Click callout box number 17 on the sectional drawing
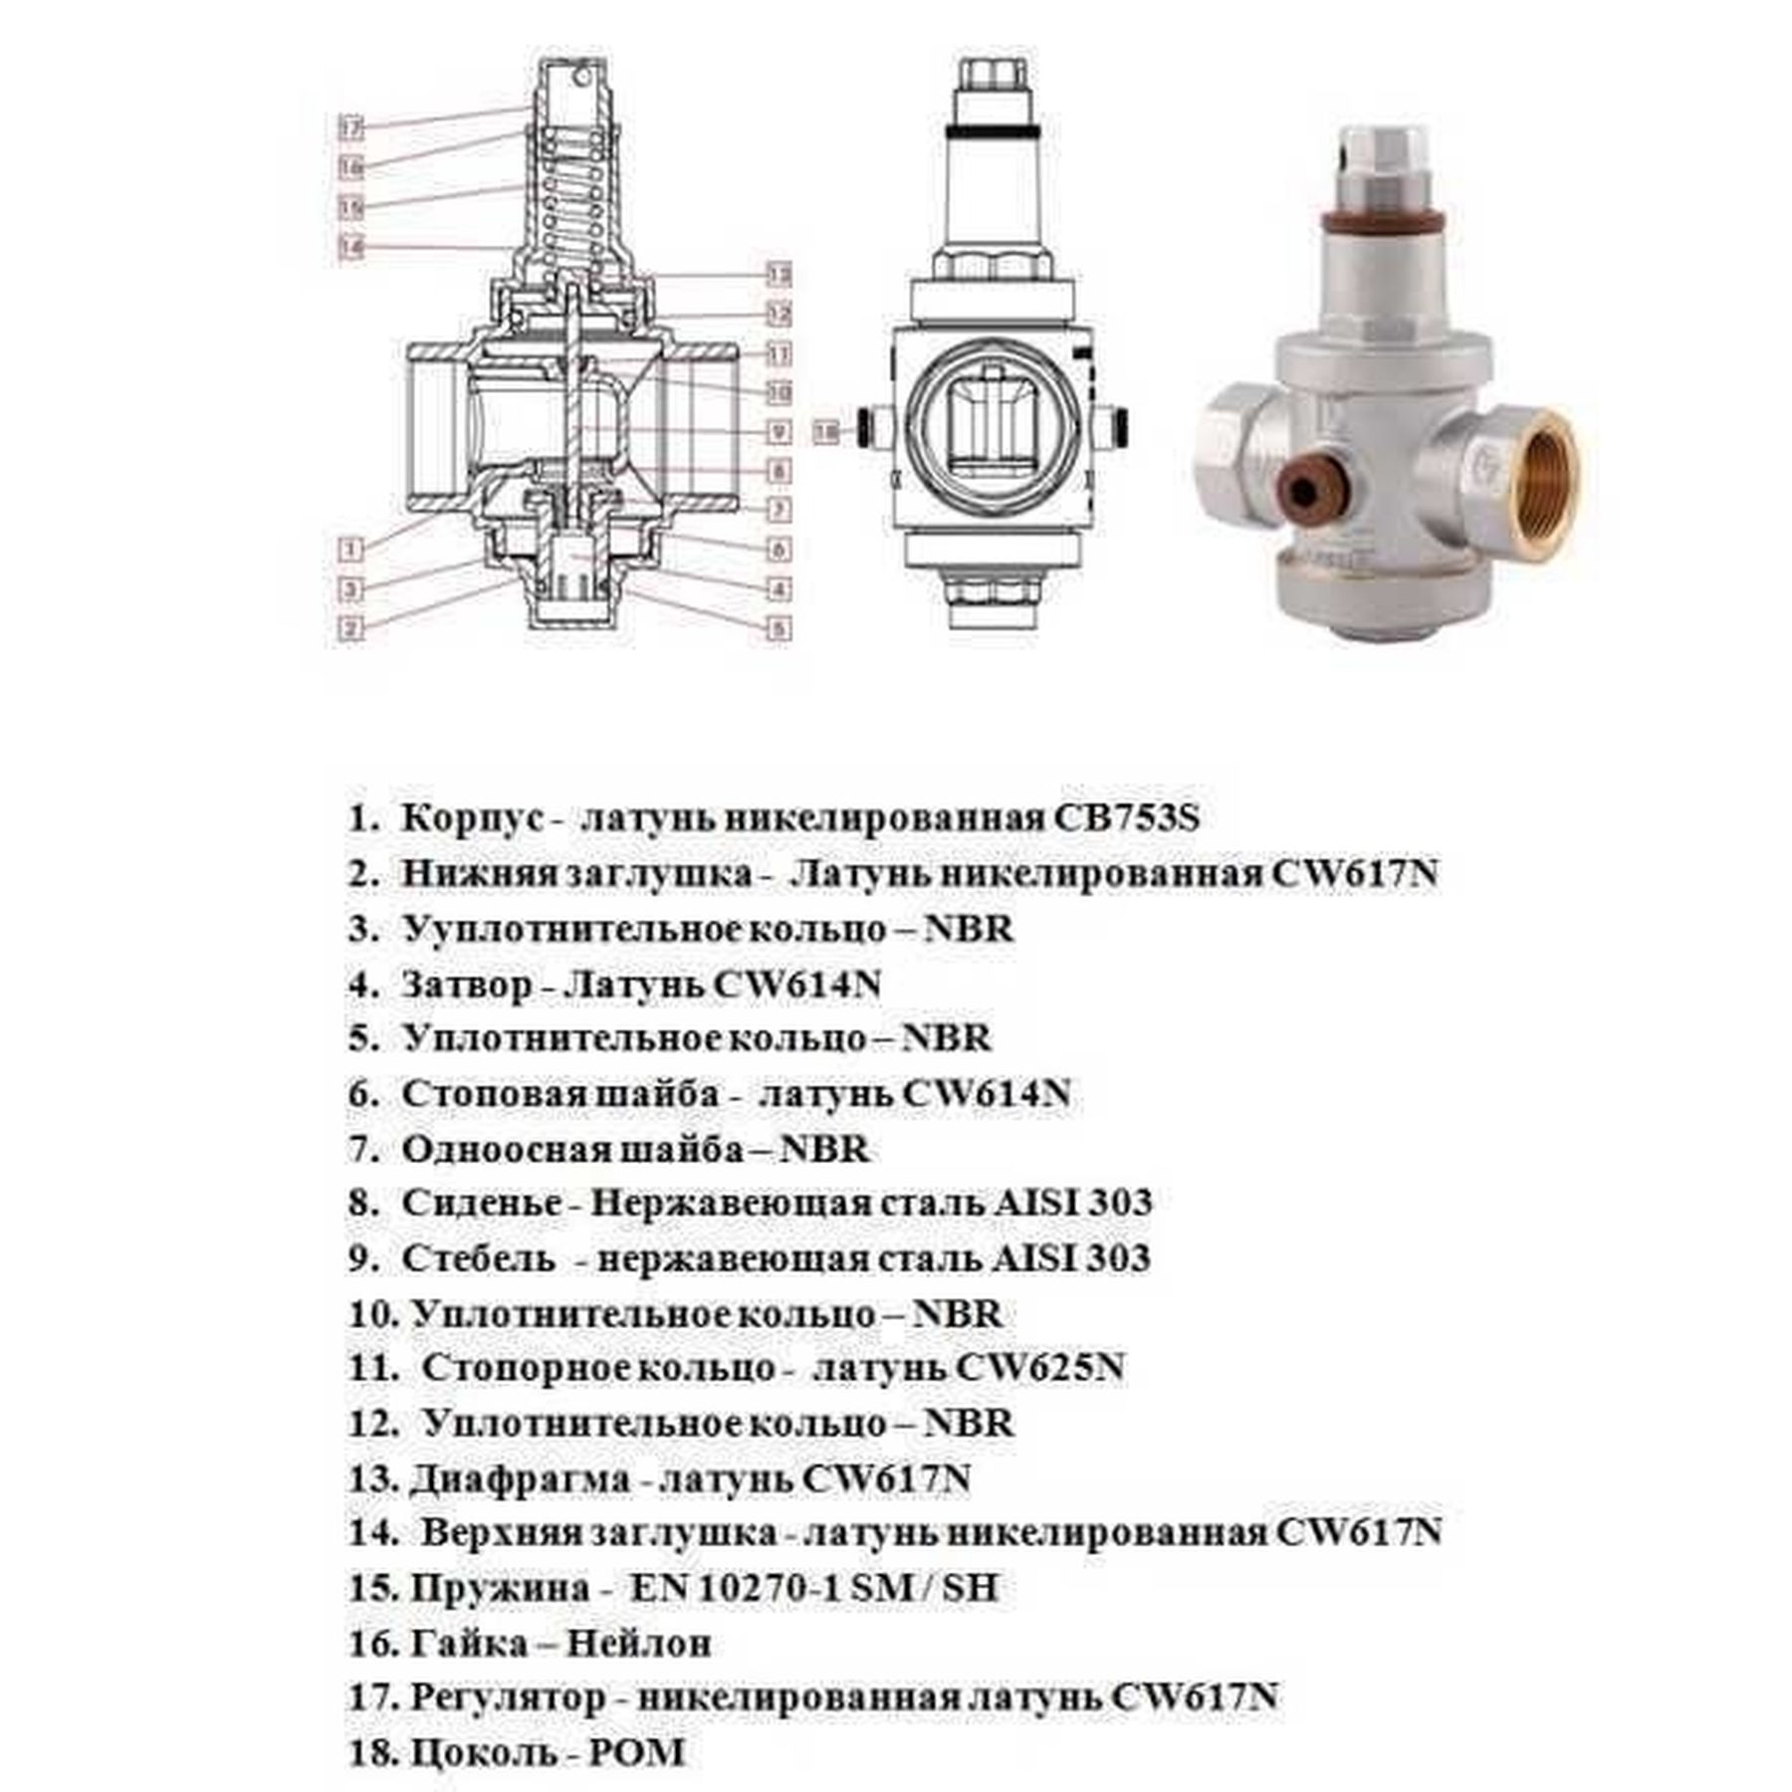[x=350, y=128]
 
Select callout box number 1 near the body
[x=349, y=548]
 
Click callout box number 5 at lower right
[x=779, y=628]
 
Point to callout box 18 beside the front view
[x=826, y=431]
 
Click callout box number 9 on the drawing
[x=779, y=432]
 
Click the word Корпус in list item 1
[x=472, y=818]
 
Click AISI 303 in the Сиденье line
[x=1071, y=1203]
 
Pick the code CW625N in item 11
[x=1039, y=1368]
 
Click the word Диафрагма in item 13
[x=519, y=1478]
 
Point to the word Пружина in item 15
[x=499, y=1588]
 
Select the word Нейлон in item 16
[x=638, y=1643]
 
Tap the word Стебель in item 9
[x=478, y=1258]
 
